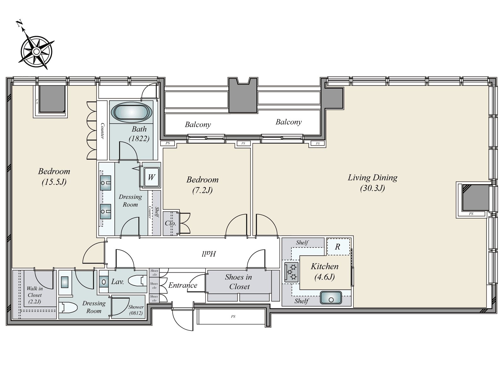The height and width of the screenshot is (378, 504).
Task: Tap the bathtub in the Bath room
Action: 132,112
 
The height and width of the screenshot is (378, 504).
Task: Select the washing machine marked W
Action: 151,177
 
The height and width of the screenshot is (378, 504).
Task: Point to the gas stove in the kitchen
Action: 291,272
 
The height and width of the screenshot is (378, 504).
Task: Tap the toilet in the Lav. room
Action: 137,281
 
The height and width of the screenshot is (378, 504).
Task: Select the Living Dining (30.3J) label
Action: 372,182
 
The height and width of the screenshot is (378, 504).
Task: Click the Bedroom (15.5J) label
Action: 54,176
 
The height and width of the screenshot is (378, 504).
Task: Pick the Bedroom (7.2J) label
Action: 203,185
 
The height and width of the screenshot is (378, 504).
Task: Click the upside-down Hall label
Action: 209,254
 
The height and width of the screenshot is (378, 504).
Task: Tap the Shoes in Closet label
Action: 239,282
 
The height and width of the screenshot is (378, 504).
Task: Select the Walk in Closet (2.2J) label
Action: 35,295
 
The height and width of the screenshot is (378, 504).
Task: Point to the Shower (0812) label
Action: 136,310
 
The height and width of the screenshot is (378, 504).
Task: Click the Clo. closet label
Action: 170,223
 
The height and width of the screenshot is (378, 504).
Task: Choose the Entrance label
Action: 183,285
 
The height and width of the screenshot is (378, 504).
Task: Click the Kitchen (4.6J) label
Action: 324,272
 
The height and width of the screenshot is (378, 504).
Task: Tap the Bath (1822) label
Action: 139,134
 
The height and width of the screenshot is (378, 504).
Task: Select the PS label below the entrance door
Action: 233,317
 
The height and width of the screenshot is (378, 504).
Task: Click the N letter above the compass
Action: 19,23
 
